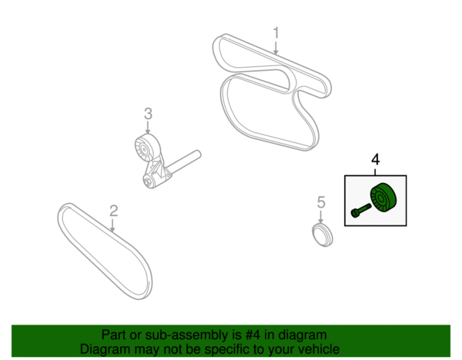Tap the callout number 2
(x=114, y=211)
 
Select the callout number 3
(x=148, y=114)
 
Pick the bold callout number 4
(x=376, y=159)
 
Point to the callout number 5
(x=321, y=202)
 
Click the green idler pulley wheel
(x=383, y=197)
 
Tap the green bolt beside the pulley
(x=361, y=210)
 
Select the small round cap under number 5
(x=323, y=235)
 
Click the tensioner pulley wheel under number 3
(x=145, y=149)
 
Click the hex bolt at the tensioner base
(x=148, y=182)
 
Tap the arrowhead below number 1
(x=276, y=52)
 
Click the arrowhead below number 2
(x=112, y=229)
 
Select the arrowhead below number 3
(x=148, y=132)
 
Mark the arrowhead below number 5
(x=321, y=221)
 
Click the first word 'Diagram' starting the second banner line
(x=105, y=349)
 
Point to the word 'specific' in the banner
(x=229, y=350)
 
